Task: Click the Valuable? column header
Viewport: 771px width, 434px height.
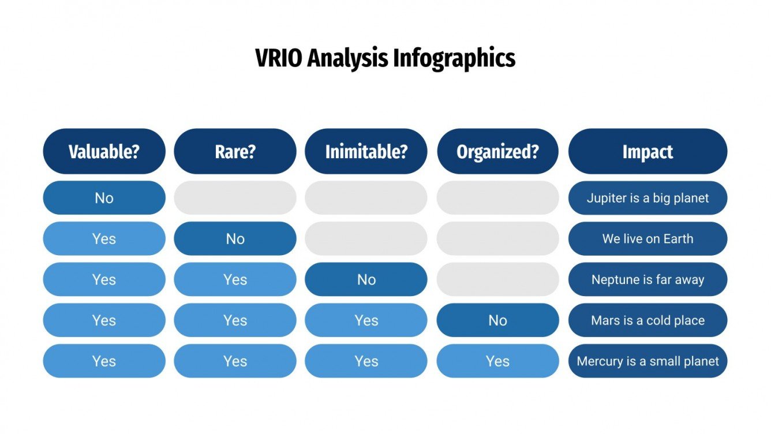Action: pos(104,151)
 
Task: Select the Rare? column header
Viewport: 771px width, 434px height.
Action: pos(235,151)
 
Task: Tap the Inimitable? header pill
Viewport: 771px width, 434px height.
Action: pos(366,151)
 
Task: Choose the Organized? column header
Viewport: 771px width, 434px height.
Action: pos(497,151)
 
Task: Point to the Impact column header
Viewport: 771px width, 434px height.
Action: pos(648,151)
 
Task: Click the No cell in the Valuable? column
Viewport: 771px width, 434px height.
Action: pos(104,198)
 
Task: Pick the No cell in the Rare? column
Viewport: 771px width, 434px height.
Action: pos(235,239)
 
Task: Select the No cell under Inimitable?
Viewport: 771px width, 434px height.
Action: pos(366,280)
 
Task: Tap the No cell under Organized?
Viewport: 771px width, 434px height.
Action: pos(497,320)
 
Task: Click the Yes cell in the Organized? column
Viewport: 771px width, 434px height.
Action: pos(497,361)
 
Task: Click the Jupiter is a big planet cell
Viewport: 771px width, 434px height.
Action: pos(648,198)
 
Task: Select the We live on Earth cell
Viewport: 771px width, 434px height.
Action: pos(648,239)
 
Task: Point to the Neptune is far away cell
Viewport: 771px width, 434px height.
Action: pos(648,280)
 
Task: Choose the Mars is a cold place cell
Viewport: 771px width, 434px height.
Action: pos(648,320)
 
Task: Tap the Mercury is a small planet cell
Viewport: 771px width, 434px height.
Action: pos(648,361)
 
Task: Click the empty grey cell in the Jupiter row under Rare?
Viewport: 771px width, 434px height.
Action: pos(235,198)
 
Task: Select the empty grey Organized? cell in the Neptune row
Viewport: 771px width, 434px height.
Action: pos(497,280)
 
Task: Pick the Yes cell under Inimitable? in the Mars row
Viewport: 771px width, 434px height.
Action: pos(366,320)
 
